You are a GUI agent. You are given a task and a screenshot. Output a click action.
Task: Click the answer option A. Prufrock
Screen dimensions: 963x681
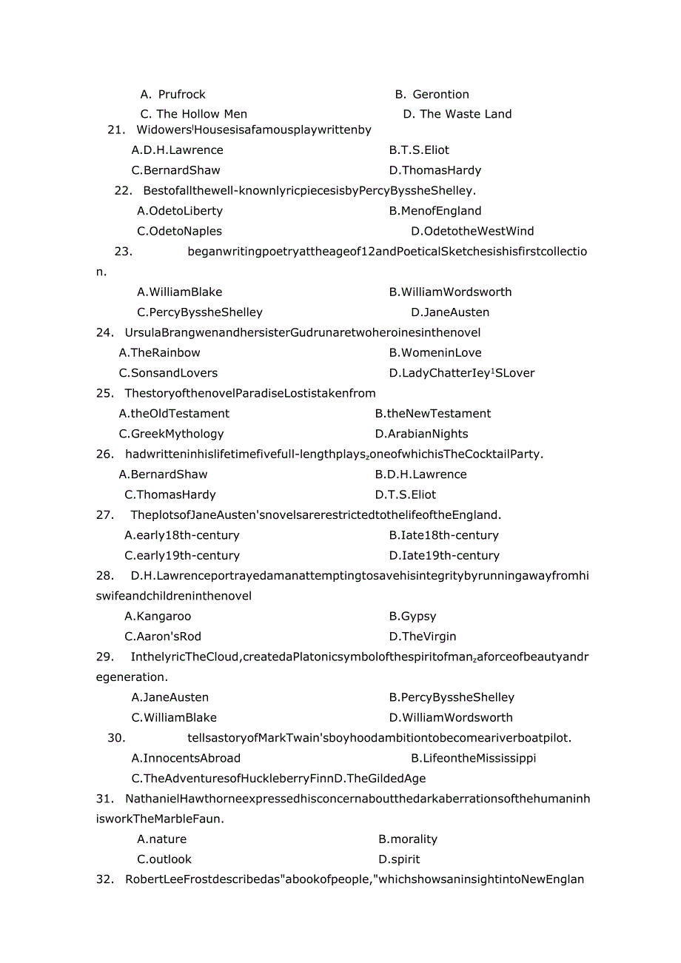173,94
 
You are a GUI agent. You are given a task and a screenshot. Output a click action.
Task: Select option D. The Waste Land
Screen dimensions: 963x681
457,114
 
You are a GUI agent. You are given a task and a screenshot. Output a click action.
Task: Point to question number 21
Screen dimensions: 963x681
116,130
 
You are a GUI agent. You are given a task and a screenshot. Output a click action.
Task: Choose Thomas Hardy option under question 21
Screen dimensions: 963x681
435,170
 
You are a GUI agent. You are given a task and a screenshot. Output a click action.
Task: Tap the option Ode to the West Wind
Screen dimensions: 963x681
472,231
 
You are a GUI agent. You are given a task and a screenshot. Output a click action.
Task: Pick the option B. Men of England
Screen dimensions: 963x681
435,211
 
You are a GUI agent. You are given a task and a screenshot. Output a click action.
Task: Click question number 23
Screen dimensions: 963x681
123,251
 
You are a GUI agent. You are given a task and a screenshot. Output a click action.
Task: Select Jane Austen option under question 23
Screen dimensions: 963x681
450,312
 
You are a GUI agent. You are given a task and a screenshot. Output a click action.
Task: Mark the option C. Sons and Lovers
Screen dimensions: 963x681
168,373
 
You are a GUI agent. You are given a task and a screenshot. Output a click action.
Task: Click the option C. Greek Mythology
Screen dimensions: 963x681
171,434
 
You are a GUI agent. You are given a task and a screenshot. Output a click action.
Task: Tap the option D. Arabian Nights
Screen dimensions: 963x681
421,434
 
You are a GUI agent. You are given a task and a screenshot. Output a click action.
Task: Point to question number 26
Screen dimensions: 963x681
104,454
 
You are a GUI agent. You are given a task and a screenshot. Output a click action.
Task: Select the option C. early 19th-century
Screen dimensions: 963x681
182,555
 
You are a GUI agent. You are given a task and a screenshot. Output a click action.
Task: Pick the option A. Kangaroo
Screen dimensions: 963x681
158,616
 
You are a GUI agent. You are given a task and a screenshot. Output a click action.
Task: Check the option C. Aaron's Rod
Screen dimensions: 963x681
163,637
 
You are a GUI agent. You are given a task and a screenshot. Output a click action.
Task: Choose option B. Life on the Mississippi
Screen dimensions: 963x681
473,758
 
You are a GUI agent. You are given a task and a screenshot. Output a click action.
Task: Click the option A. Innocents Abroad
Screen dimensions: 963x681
186,758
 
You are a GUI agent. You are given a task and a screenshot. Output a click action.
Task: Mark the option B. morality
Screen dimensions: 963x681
408,839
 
